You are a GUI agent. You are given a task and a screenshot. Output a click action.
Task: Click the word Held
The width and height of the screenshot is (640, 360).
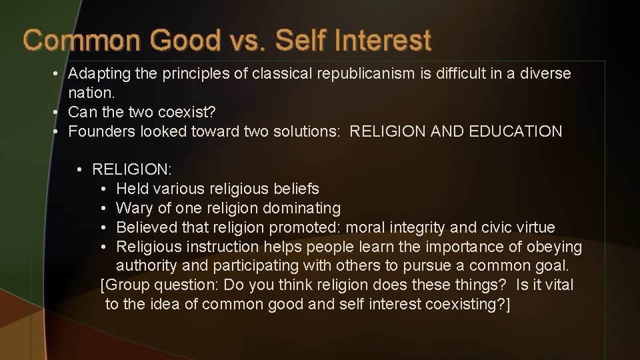(133, 189)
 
